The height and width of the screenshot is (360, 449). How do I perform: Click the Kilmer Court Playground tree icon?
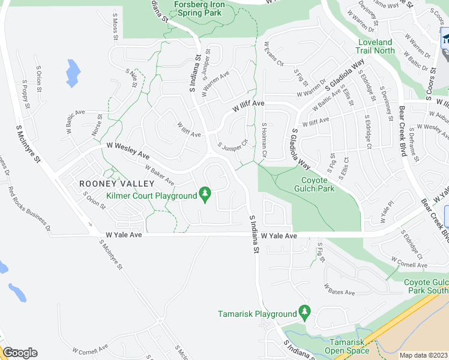click(206, 194)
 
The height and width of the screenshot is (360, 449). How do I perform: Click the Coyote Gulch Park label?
click(314, 184)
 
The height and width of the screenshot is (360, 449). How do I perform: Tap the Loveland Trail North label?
click(376, 46)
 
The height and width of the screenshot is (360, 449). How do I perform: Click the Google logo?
click(20, 353)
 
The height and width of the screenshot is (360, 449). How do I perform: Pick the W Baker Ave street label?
click(160, 175)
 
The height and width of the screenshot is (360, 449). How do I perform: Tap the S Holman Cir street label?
click(264, 141)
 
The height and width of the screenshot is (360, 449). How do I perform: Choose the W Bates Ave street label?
click(340, 289)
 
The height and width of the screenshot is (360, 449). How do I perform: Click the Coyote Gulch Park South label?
click(426, 286)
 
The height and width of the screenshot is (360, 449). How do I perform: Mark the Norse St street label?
click(96, 125)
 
